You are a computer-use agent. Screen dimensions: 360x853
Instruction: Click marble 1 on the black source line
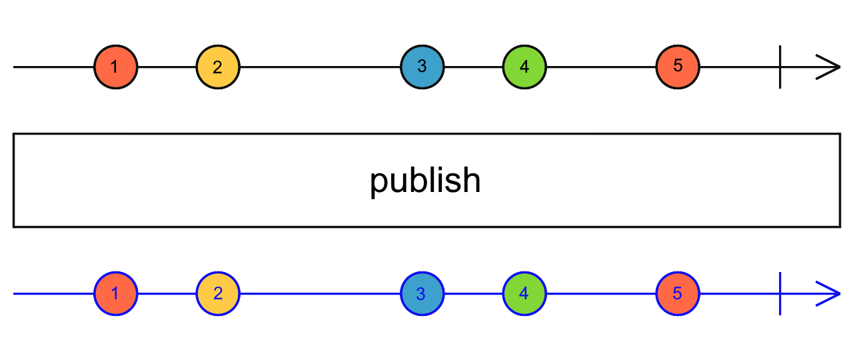(115, 67)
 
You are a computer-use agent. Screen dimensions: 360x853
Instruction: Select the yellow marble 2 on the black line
(218, 67)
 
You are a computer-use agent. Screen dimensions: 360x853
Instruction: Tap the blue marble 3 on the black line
(422, 67)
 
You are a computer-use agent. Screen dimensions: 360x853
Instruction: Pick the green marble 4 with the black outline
(524, 67)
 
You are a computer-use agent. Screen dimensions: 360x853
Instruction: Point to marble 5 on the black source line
(678, 67)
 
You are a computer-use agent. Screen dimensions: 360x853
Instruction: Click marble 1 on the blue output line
(115, 294)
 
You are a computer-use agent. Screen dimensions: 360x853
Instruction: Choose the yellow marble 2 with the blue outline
(218, 294)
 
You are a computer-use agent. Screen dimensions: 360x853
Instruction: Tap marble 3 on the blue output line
(422, 294)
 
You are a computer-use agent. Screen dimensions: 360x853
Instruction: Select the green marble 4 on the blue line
(524, 294)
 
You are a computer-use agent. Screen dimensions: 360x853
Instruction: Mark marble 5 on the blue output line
(678, 294)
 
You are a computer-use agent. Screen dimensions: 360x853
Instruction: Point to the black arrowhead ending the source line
(830, 67)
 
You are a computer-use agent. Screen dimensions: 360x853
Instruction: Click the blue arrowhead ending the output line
(830, 294)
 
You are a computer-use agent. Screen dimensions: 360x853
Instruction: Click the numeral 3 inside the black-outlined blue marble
(422, 67)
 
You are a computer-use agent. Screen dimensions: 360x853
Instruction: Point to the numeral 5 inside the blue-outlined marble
(678, 293)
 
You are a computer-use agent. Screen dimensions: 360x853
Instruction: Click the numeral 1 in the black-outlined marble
(115, 67)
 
